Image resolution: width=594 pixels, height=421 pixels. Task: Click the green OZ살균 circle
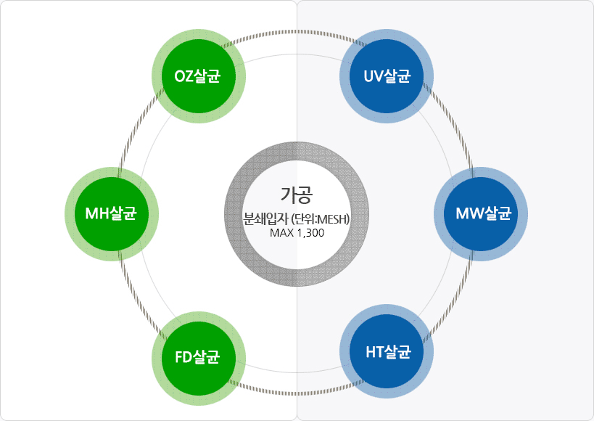point(198,76)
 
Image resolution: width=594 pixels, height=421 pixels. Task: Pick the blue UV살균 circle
point(387,76)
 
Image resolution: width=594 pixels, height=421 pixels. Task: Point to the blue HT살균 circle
point(387,353)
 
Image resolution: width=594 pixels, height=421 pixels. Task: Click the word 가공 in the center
point(297,195)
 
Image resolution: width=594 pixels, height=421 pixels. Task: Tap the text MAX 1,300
point(297,233)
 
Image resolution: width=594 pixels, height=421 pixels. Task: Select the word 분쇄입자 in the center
point(265,218)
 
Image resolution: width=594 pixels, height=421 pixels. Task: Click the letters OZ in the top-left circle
point(184,76)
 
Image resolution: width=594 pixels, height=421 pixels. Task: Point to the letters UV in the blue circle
point(373,76)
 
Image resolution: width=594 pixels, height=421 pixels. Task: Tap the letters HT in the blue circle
point(374,353)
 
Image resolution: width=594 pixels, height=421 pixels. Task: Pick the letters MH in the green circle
point(97,213)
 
